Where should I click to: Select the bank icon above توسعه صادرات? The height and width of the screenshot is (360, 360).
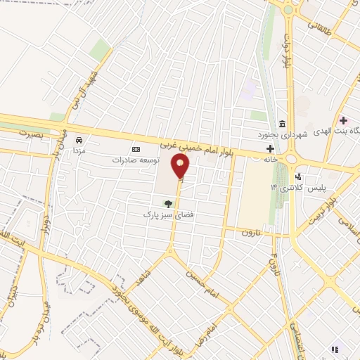tap(136, 149)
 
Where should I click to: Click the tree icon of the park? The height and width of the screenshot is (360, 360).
tap(167, 203)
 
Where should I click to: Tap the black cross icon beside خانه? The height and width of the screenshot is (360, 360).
tap(271, 148)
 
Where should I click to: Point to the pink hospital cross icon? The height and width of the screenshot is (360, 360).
tap(342, 120)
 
